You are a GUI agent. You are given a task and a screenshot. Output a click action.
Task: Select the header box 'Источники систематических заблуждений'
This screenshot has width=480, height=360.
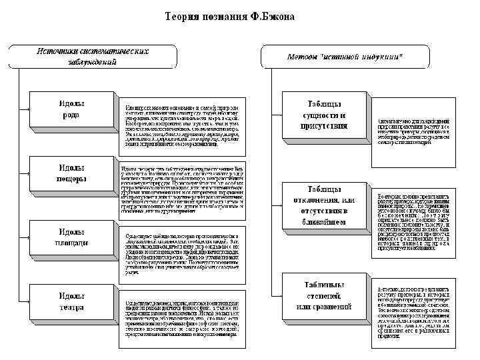[92, 57]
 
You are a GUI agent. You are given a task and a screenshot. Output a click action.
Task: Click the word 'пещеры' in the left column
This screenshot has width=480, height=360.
[71, 179]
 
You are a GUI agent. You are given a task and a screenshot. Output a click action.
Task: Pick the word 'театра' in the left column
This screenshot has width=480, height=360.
[71, 308]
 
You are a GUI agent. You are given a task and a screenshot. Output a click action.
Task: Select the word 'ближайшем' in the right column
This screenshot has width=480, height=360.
[324, 222]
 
